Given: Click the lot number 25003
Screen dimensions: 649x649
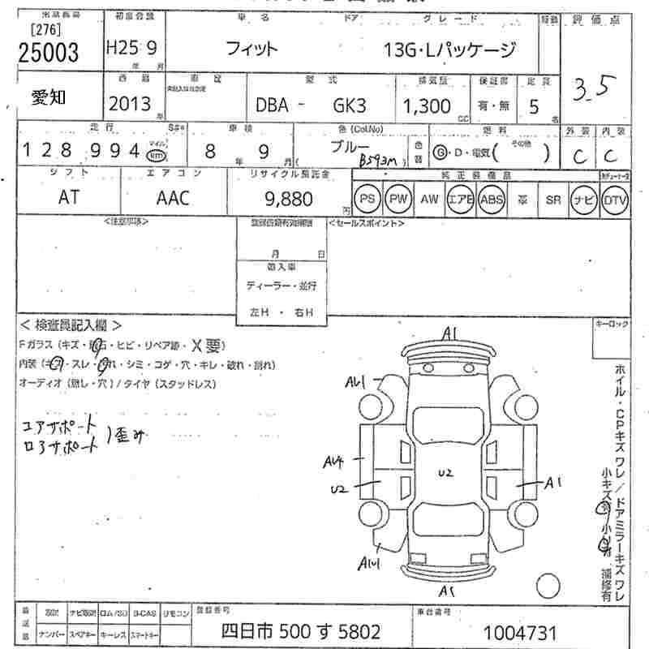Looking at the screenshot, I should click(x=49, y=53).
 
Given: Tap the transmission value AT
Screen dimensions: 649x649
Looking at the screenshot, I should click(x=68, y=198).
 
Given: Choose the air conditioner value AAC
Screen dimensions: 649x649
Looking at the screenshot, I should click(x=172, y=198).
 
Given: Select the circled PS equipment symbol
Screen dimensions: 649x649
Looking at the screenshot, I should click(x=367, y=199).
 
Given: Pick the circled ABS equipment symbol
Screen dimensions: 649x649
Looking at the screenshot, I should click(x=492, y=199).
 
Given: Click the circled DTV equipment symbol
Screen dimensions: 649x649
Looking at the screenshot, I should click(x=615, y=199).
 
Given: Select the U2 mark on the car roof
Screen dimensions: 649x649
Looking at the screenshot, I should click(x=445, y=472).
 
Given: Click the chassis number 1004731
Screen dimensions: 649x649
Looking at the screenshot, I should click(x=519, y=632).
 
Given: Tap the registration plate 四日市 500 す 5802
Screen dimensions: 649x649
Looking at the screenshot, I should click(x=301, y=631).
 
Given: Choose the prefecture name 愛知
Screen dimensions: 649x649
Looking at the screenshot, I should click(x=52, y=98).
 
